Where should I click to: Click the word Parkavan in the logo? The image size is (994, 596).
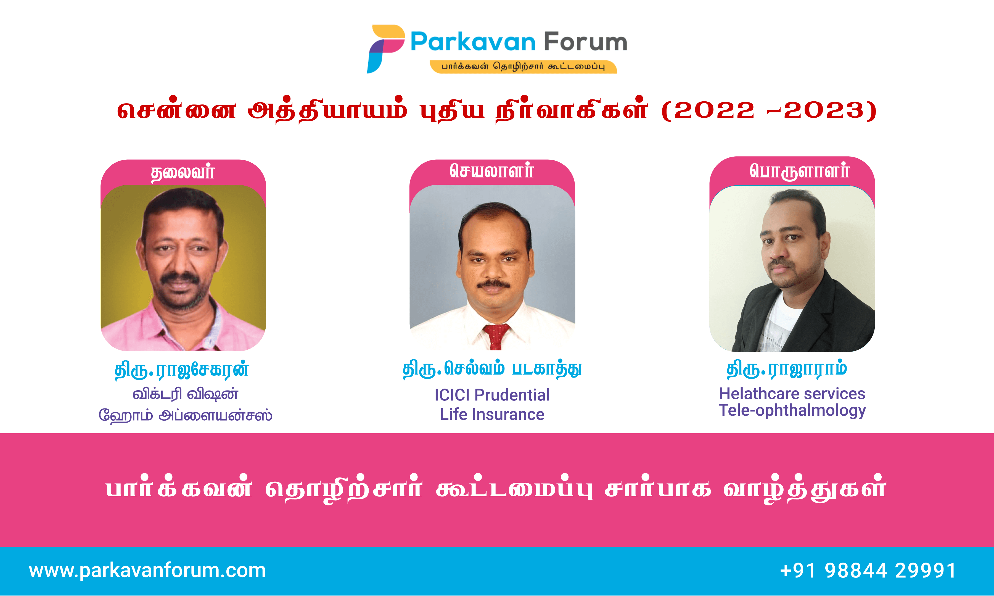click(473, 42)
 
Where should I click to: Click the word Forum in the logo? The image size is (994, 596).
click(585, 42)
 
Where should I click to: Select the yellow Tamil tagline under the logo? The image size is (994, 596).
click(523, 67)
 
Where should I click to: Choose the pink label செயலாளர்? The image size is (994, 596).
click(492, 171)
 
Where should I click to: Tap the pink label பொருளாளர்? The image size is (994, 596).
click(799, 171)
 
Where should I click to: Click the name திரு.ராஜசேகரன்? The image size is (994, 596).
click(182, 370)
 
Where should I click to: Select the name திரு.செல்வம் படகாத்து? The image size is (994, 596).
click(492, 369)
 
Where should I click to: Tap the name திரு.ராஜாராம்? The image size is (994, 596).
click(787, 369)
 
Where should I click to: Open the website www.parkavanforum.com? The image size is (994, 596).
click(147, 571)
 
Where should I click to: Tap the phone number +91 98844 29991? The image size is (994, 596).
click(868, 571)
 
